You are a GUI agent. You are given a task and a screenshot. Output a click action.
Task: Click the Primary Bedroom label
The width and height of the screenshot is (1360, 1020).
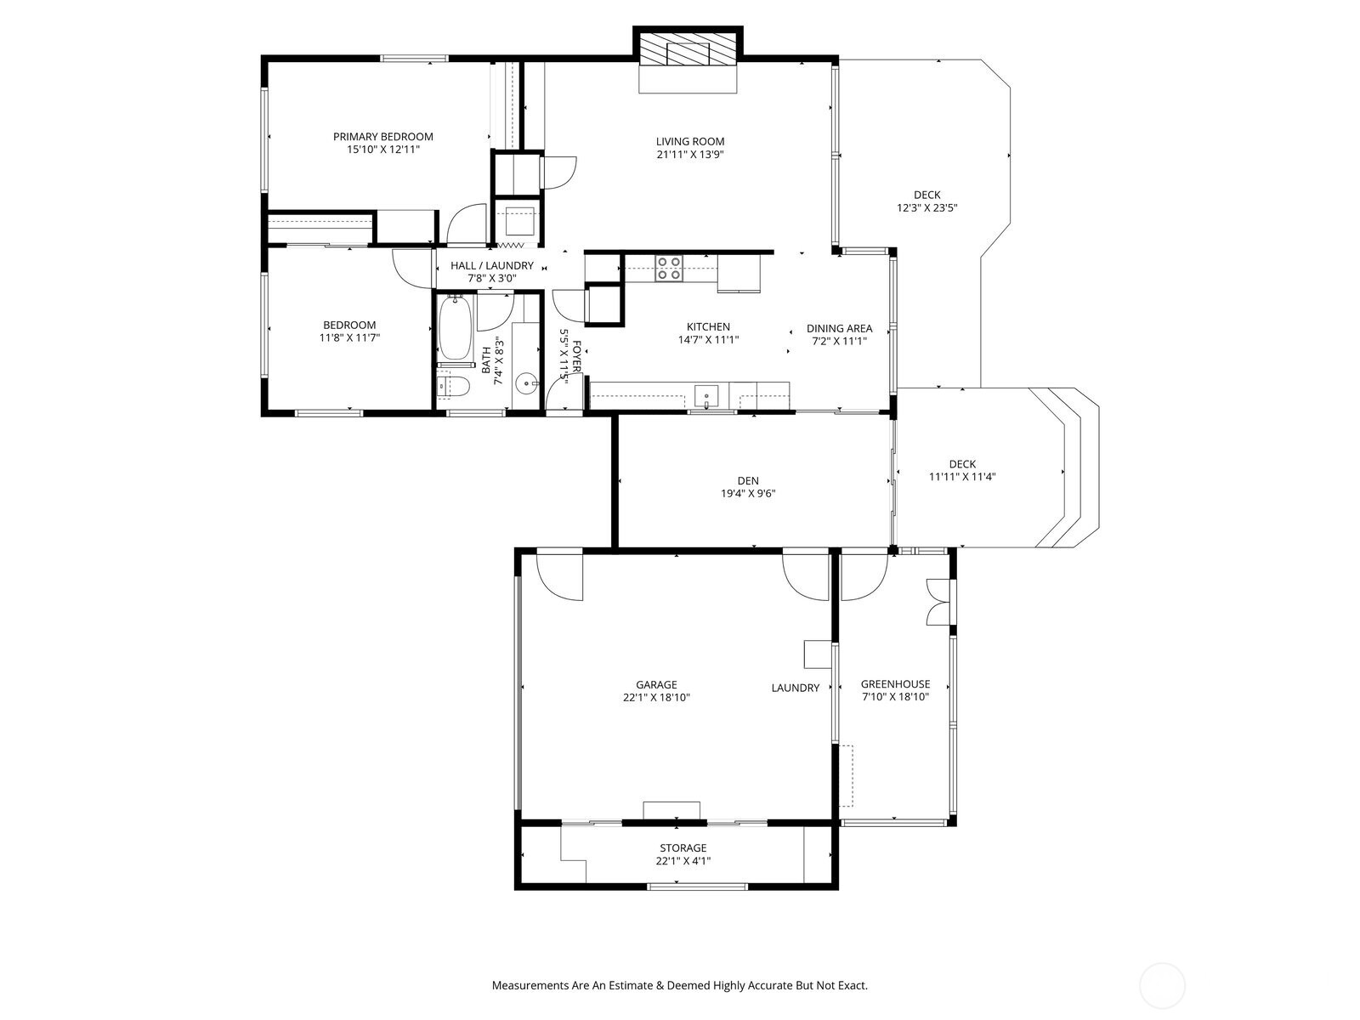tap(382, 137)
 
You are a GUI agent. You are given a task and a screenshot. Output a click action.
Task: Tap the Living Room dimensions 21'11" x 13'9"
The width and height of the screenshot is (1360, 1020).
tap(689, 155)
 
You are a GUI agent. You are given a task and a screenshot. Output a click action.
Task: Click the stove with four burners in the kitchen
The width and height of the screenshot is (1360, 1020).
tap(668, 269)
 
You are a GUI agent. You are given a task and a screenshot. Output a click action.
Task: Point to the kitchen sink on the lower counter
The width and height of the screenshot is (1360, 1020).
tap(706, 396)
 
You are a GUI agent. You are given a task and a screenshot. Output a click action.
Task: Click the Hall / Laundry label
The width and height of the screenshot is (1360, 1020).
tap(492, 265)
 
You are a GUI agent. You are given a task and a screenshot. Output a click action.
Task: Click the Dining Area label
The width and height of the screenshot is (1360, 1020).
tap(839, 328)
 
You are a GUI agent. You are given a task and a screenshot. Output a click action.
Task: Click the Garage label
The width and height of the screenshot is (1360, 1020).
tap(656, 684)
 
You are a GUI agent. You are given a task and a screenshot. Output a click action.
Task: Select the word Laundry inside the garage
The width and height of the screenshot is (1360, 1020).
tap(795, 688)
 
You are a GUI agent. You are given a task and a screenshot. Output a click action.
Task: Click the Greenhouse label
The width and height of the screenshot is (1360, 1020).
tap(895, 683)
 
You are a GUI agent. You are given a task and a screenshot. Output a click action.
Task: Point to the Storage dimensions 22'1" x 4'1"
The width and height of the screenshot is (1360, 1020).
tap(683, 861)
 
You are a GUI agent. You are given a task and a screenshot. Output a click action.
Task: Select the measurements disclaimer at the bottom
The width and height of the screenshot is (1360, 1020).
tap(679, 986)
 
